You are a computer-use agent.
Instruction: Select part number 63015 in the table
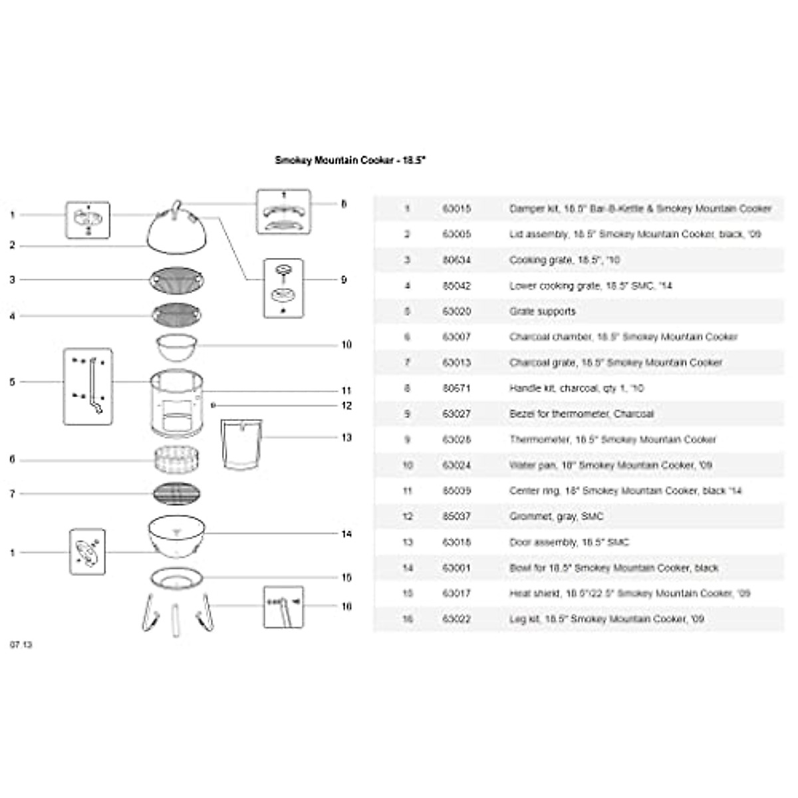pos(456,209)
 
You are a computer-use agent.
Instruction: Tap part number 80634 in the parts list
pos(456,260)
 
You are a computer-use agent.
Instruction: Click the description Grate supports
pos(543,311)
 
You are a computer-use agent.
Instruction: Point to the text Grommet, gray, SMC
pos(557,516)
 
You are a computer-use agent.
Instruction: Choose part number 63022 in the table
pos(456,619)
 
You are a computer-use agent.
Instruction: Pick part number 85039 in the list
pos(456,491)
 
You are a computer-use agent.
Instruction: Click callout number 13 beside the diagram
pos(346,438)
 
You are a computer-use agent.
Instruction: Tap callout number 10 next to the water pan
pos(346,344)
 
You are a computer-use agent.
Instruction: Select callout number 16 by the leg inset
pos(346,606)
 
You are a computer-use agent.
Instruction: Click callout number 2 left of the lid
pos(12,245)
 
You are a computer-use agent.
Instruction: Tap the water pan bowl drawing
pos(176,346)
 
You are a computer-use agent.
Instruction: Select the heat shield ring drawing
pos(176,579)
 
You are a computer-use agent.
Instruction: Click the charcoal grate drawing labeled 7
pos(176,494)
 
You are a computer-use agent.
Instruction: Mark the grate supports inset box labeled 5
pos(88,386)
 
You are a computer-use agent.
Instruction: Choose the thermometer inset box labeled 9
pos(284,288)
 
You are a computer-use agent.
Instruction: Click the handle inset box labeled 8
pos(284,211)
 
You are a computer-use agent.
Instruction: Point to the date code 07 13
pos(21,645)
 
